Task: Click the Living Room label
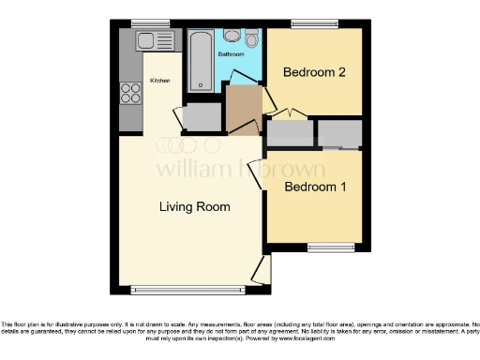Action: (194, 206)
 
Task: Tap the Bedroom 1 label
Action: (316, 187)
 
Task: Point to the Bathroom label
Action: (232, 55)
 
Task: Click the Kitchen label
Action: (160, 81)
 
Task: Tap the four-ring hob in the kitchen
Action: (128, 92)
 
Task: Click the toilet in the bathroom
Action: (251, 39)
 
